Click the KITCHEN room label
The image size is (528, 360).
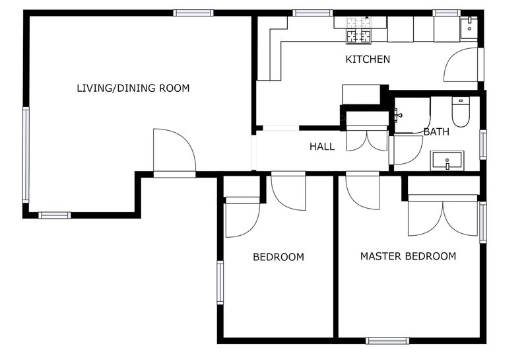pyautogui.click(x=368, y=59)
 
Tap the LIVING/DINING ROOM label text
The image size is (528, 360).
pyautogui.click(x=133, y=89)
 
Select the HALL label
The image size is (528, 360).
pyautogui.click(x=322, y=147)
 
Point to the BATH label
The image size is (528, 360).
pyautogui.click(x=436, y=132)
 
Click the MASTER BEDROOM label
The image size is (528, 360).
pyautogui.click(x=408, y=256)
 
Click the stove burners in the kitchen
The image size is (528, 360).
pyautogui.click(x=359, y=30)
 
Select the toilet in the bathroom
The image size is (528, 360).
pyautogui.click(x=461, y=112)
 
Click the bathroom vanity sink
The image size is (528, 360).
pyautogui.click(x=447, y=161)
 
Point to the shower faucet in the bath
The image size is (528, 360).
pyautogui.click(x=398, y=115)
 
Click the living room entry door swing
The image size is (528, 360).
pyautogui.click(x=174, y=150)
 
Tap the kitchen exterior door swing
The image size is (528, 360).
pyautogui.click(x=461, y=64)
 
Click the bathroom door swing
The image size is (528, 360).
pyautogui.click(x=408, y=150)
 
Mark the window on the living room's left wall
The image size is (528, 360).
pyautogui.click(x=26, y=155)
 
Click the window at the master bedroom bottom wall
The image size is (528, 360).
pyautogui.click(x=387, y=341)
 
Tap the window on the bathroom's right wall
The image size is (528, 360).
pyautogui.click(x=483, y=145)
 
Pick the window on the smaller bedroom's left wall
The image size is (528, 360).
pyautogui.click(x=220, y=283)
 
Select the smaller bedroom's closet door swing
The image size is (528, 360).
pyautogui.click(x=242, y=220)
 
